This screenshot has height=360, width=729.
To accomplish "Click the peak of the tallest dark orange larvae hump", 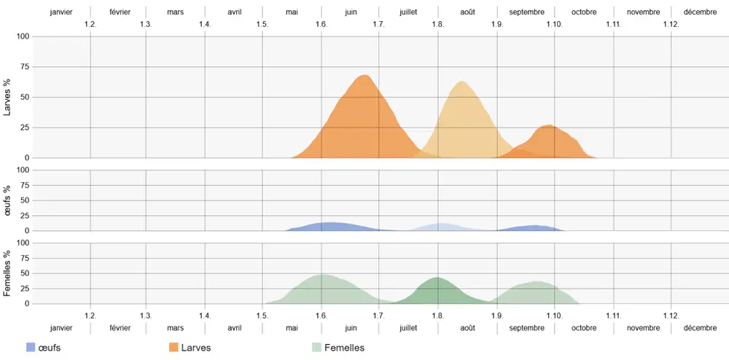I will [x=364, y=76].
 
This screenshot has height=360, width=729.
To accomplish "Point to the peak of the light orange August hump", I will [x=462, y=82].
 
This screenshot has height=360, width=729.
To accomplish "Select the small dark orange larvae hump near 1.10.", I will [x=548, y=127].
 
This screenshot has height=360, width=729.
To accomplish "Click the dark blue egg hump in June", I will [x=331, y=224].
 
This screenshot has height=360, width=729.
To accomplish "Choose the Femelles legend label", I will [x=344, y=348].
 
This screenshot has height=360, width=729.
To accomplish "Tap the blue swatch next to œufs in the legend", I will [x=31, y=348].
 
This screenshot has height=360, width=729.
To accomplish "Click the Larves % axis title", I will [x=8, y=98].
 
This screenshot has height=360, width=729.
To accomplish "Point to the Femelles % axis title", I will [x=8, y=273].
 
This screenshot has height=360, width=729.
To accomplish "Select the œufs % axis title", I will [x=8, y=200].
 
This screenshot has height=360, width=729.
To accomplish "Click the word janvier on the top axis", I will [x=62, y=12].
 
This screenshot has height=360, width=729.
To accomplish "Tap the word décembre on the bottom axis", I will [x=700, y=328].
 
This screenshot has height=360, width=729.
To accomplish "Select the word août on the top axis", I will [x=467, y=12].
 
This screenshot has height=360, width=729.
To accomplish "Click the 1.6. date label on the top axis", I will [x=321, y=24].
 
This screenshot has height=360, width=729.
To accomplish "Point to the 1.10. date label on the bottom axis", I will [x=554, y=316].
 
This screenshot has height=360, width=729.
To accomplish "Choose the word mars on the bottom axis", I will [x=175, y=328].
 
